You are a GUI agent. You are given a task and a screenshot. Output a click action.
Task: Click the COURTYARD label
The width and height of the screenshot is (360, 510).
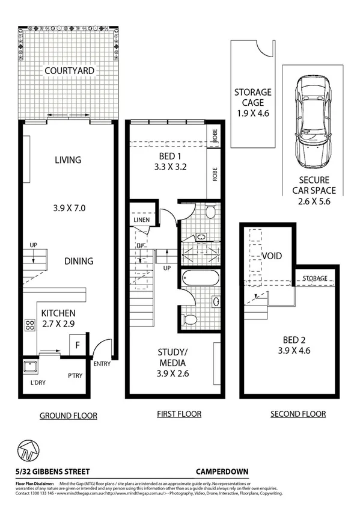coord(69,71)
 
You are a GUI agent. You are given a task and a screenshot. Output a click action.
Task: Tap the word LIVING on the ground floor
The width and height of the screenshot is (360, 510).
coord(67,160)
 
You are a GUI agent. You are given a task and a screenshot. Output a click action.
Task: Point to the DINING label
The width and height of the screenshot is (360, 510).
coord(79,261)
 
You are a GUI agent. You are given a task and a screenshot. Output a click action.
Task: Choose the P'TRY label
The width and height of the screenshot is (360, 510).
coord(75,375)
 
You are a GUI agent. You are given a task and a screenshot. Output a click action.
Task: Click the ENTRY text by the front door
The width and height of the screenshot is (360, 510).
coord(102,364)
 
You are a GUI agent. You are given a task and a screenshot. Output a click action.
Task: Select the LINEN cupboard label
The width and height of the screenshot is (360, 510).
coord(142,220)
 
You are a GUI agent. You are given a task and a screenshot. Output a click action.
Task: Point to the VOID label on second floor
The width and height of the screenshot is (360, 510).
coord(272,256)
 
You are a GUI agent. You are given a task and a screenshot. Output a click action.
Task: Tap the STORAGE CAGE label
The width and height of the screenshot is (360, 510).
coord(252,97)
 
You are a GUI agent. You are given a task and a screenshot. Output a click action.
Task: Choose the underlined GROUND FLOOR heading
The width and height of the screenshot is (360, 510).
coord(68,415)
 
